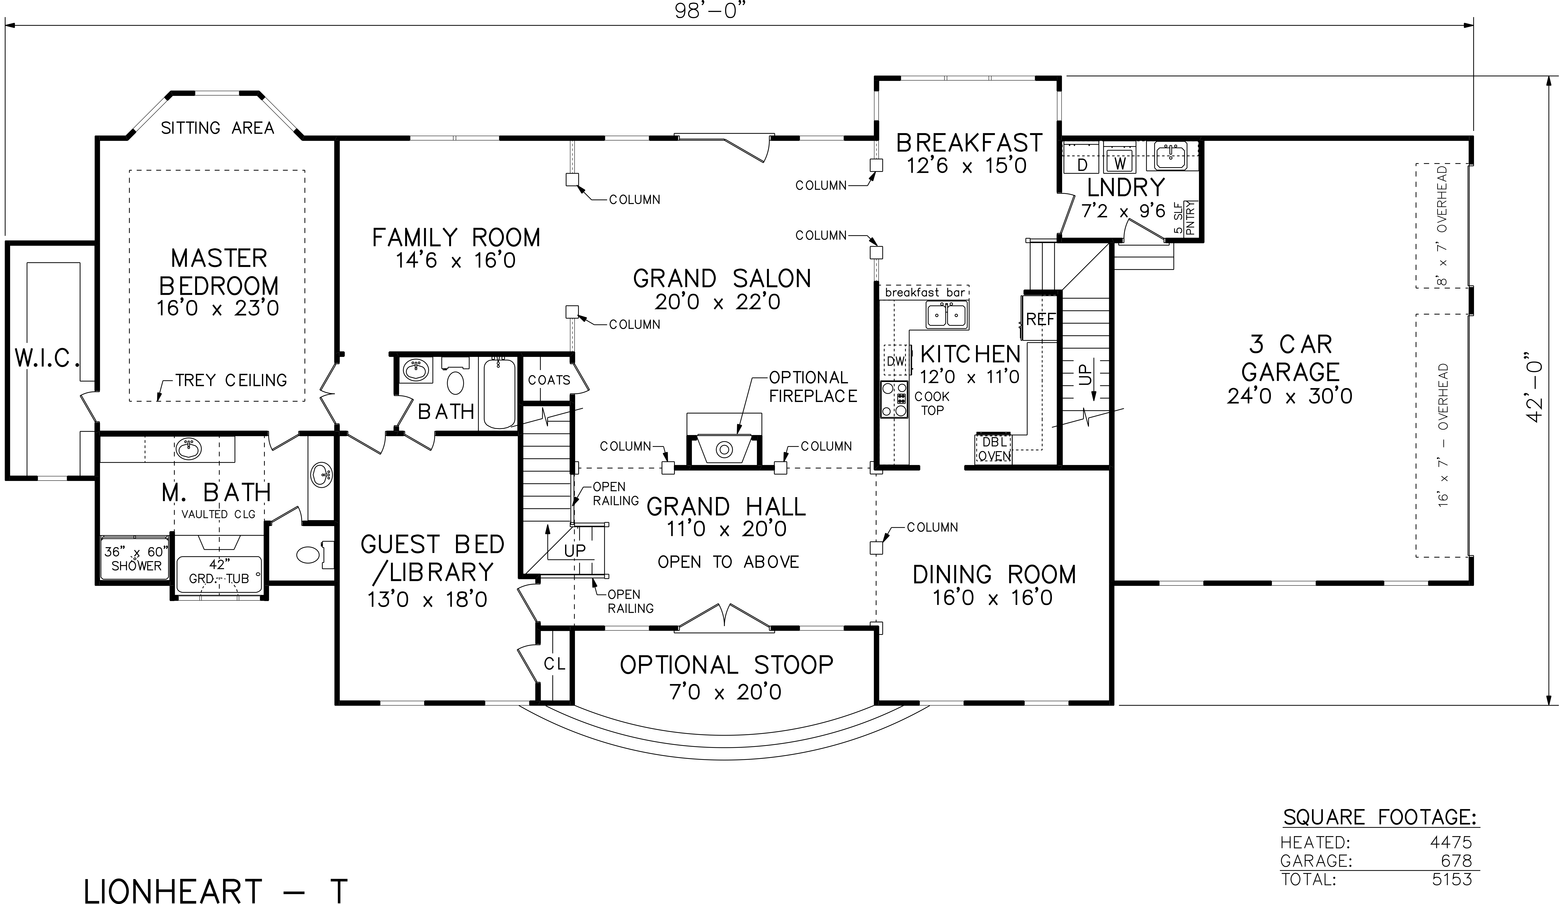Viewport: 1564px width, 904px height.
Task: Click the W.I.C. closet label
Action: tap(47, 358)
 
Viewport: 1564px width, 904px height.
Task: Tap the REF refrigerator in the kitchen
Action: tap(1039, 318)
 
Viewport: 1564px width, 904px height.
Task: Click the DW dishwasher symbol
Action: tap(896, 361)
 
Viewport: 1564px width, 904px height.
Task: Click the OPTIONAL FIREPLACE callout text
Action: tap(813, 387)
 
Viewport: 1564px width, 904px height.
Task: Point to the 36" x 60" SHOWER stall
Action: tap(136, 558)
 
